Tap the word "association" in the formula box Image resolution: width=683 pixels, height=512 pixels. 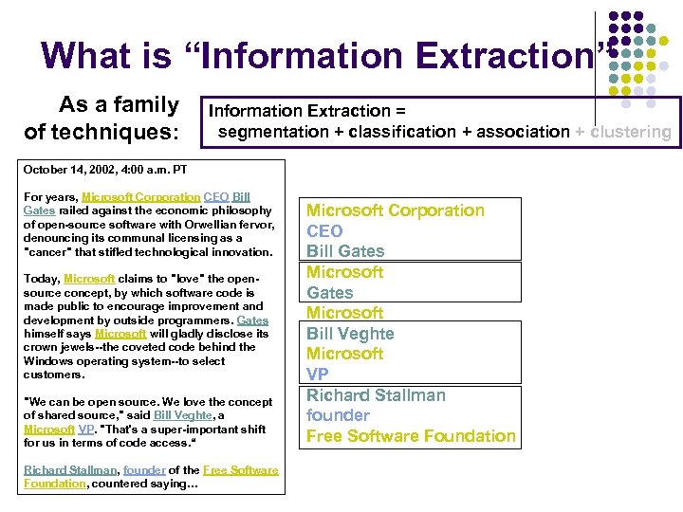[x=518, y=132]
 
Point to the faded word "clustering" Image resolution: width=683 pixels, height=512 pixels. [x=631, y=132]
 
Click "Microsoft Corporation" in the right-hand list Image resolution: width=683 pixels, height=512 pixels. [x=396, y=210]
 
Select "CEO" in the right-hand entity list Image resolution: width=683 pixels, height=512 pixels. [x=324, y=230]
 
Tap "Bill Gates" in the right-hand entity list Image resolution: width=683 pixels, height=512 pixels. [x=345, y=251]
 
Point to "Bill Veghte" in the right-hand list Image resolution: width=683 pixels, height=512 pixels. [x=350, y=334]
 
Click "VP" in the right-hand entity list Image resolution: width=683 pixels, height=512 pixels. [x=317, y=375]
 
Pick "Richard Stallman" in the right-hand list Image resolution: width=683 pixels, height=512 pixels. [x=376, y=395]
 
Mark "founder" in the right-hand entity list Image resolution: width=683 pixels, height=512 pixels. [x=338, y=415]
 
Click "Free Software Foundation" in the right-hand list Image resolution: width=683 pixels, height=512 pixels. [x=411, y=436]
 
